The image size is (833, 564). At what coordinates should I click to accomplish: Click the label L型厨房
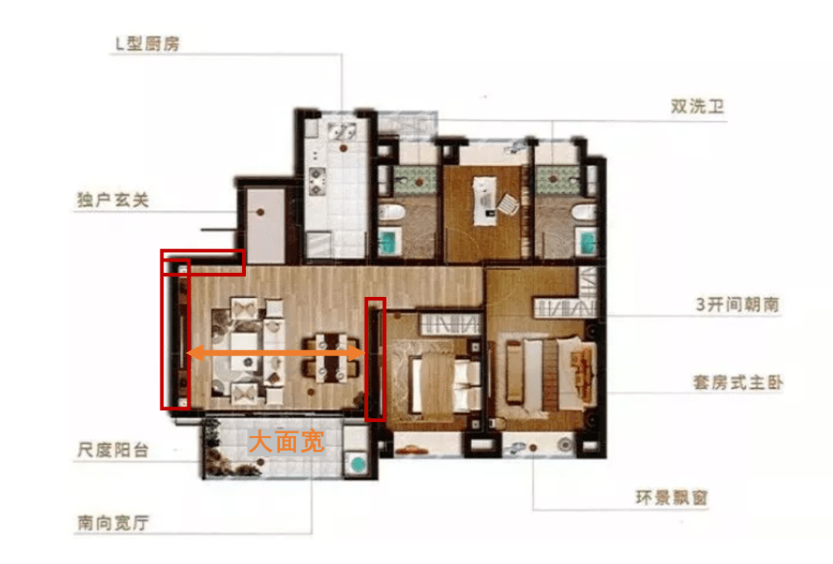tap(147, 43)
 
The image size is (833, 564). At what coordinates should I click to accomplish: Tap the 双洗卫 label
tap(697, 106)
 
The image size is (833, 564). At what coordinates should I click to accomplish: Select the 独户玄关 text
tap(113, 200)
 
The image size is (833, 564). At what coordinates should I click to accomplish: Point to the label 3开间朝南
tap(737, 305)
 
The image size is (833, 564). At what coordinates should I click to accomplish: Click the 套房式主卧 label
tap(737, 382)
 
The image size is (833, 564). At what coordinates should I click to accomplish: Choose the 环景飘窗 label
tap(672, 498)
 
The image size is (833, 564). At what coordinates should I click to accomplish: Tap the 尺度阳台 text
tap(113, 451)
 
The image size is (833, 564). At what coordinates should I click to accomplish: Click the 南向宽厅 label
tap(113, 523)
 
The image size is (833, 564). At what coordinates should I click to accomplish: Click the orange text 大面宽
tap(286, 442)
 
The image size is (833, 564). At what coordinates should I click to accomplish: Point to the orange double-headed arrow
tap(275, 353)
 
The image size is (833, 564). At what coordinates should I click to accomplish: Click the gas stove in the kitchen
tap(317, 181)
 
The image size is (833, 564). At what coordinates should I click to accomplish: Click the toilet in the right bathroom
tap(583, 213)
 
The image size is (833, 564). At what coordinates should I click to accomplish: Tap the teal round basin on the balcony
tap(358, 464)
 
